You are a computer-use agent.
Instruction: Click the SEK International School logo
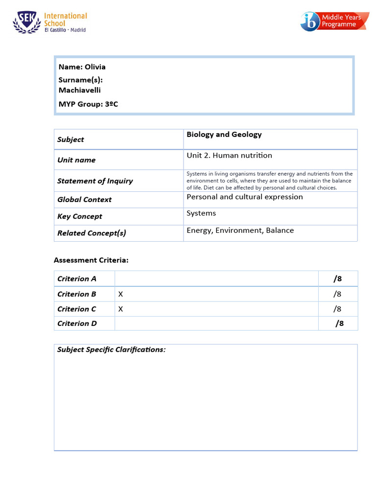(x=50, y=23)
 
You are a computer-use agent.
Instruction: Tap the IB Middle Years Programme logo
(x=334, y=22)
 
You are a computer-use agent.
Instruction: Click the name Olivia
(x=95, y=67)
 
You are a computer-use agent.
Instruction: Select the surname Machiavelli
(x=80, y=90)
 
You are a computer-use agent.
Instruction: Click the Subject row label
(x=70, y=139)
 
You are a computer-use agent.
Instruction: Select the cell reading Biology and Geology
(x=224, y=135)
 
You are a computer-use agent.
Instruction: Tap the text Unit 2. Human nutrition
(x=229, y=156)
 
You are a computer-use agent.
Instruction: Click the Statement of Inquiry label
(x=95, y=181)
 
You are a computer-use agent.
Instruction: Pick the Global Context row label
(x=84, y=200)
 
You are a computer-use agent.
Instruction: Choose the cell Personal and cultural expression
(x=245, y=197)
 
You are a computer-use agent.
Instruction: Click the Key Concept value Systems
(x=201, y=213)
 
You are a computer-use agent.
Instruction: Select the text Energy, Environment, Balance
(x=240, y=230)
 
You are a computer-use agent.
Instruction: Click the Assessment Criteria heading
(x=91, y=260)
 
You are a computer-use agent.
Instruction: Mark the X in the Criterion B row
(x=120, y=294)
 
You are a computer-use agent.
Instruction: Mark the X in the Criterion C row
(x=120, y=309)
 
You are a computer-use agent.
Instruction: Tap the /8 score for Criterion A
(x=338, y=279)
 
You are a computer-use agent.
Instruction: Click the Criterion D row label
(x=77, y=323)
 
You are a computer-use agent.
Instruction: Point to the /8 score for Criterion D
(x=339, y=323)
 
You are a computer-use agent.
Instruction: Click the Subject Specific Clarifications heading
(x=111, y=350)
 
